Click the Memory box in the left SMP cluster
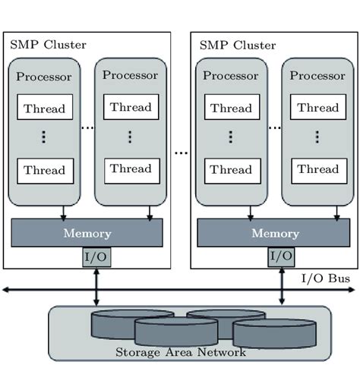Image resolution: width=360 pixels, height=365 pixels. point(87,233)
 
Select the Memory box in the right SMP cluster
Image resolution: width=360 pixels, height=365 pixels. point(274,233)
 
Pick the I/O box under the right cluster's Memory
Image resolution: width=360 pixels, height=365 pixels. point(281,257)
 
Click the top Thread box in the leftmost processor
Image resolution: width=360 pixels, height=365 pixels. point(44,109)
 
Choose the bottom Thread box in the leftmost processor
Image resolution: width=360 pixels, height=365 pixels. point(44,170)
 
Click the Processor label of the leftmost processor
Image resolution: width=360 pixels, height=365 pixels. point(44,77)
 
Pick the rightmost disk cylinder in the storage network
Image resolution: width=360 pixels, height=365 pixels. point(273,331)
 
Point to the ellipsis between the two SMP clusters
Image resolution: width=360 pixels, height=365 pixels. point(181,153)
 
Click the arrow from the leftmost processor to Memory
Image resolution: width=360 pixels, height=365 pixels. point(64,211)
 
